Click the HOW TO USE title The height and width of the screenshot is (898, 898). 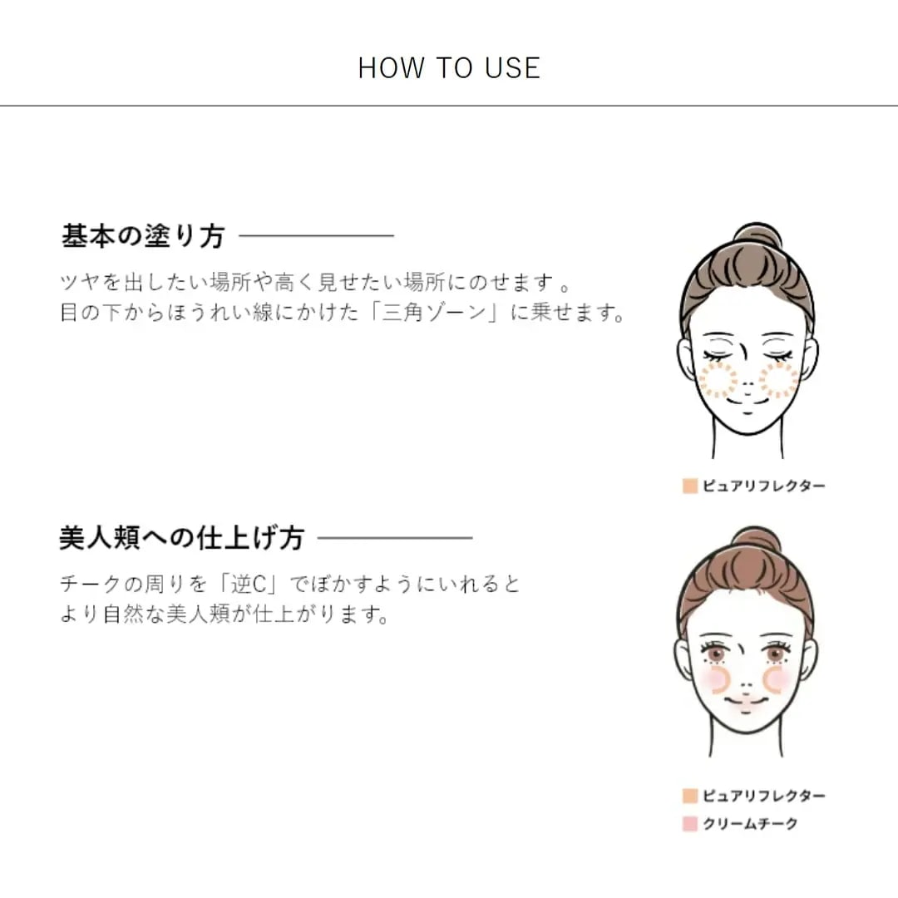pos(449,67)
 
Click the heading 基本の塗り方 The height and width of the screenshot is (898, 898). pos(143,235)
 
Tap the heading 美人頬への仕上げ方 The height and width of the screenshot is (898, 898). pos(182,538)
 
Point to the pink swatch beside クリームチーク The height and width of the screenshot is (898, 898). pos(690,823)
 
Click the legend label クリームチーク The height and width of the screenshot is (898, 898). pos(750,823)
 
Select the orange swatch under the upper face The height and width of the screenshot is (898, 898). pos(690,486)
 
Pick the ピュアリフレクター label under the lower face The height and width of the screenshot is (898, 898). pos(764,796)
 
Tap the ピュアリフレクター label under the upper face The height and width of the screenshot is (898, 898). pos(764,486)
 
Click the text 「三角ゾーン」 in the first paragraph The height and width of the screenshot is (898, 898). pos(433,312)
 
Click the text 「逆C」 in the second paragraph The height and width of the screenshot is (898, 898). pos(249,585)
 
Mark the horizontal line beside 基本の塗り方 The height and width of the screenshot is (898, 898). pos(316,235)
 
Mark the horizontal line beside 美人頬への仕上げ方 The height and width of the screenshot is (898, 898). pos(395,538)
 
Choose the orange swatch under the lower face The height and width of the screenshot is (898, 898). pos(690,796)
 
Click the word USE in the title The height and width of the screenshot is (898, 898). pos(512,67)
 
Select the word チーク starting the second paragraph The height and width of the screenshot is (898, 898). pos(91,585)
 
